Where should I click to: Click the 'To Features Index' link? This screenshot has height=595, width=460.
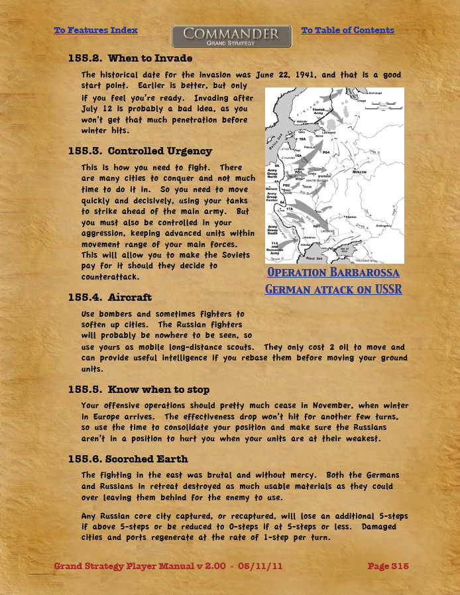coord(95,30)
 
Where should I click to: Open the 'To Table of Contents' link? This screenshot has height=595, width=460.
coord(347,30)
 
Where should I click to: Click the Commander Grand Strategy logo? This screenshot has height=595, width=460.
coord(231,36)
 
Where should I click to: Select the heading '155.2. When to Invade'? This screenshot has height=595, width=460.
coord(121,59)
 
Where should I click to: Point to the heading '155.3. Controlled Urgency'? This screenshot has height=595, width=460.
coord(140,151)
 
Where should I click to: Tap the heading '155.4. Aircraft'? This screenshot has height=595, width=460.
coord(109,297)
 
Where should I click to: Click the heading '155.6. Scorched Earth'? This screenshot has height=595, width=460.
coord(128,459)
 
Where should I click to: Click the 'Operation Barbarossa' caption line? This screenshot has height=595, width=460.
coord(333,273)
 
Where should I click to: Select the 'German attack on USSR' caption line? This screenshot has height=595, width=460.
coord(333,290)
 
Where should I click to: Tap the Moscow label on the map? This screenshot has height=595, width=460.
coord(359,172)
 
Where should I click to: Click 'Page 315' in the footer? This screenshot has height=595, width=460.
coord(388,566)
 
